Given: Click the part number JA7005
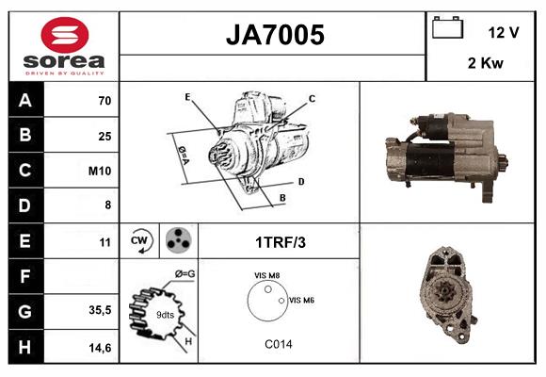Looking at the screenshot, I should (x=274, y=35).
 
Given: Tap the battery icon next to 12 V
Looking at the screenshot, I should (x=447, y=29).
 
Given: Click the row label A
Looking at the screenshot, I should (x=24, y=100).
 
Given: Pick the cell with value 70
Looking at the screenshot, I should (x=104, y=100).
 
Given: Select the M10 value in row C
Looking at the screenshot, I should (x=101, y=171).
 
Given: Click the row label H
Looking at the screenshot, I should (x=24, y=347).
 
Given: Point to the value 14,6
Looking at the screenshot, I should (x=100, y=347).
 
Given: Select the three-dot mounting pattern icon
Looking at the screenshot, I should (x=175, y=241).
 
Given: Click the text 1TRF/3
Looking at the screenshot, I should (x=280, y=242).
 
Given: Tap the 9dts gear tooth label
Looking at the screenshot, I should (x=165, y=314).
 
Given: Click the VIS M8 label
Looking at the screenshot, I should (x=266, y=275).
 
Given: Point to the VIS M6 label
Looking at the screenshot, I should (x=301, y=300).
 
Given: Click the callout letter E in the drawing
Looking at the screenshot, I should (x=187, y=97).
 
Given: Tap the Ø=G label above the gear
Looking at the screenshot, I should (x=185, y=274).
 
